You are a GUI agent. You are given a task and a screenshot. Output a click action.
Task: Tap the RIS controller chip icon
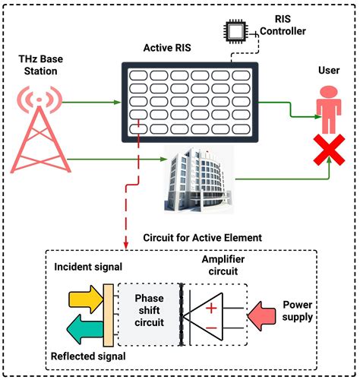(233, 30)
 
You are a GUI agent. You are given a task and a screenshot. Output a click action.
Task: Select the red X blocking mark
(327, 151)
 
